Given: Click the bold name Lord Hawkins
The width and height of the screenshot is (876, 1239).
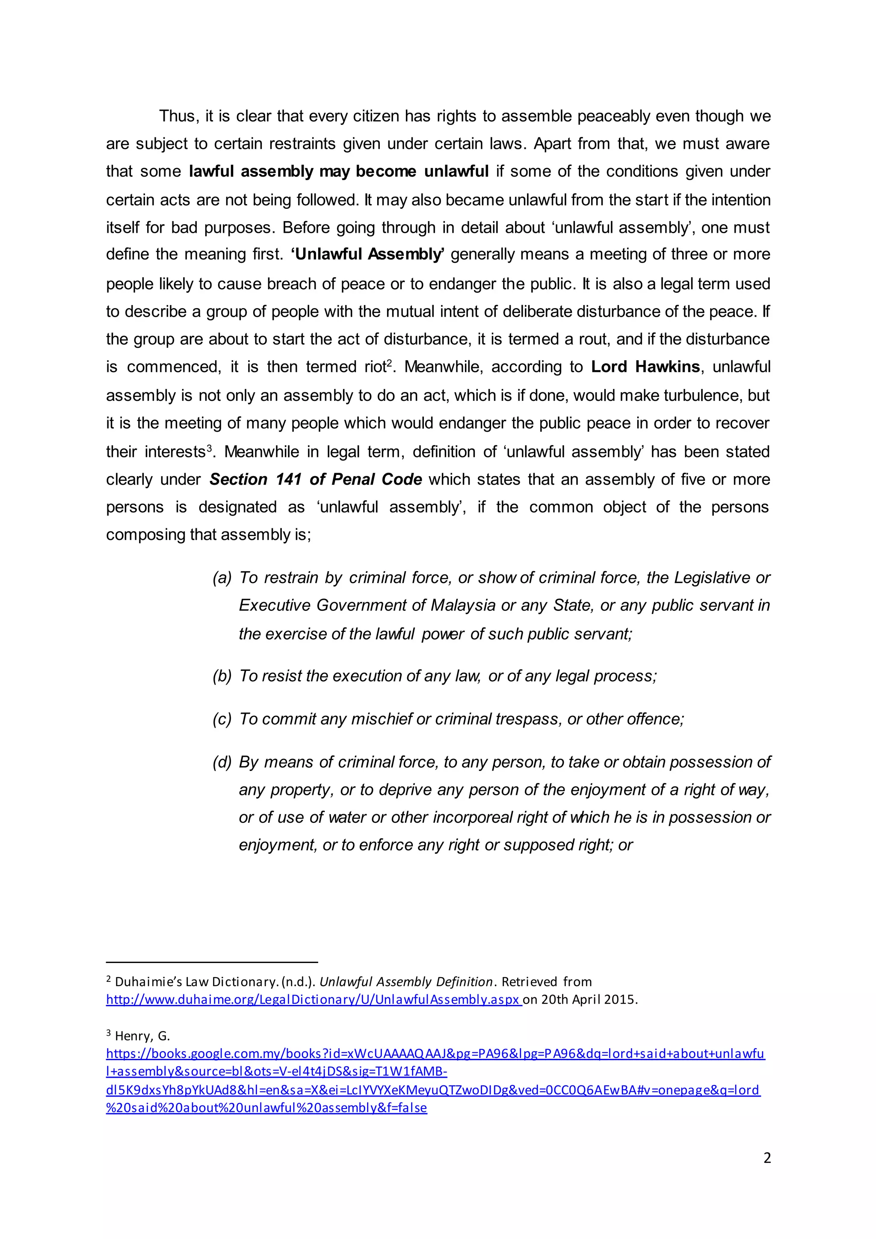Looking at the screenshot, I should click(645, 367).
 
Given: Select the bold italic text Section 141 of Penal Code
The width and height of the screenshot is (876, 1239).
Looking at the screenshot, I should click(316, 479).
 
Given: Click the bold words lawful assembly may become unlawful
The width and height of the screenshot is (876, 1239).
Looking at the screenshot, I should click(339, 172).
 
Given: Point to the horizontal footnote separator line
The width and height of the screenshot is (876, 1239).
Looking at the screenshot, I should click(212, 962).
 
